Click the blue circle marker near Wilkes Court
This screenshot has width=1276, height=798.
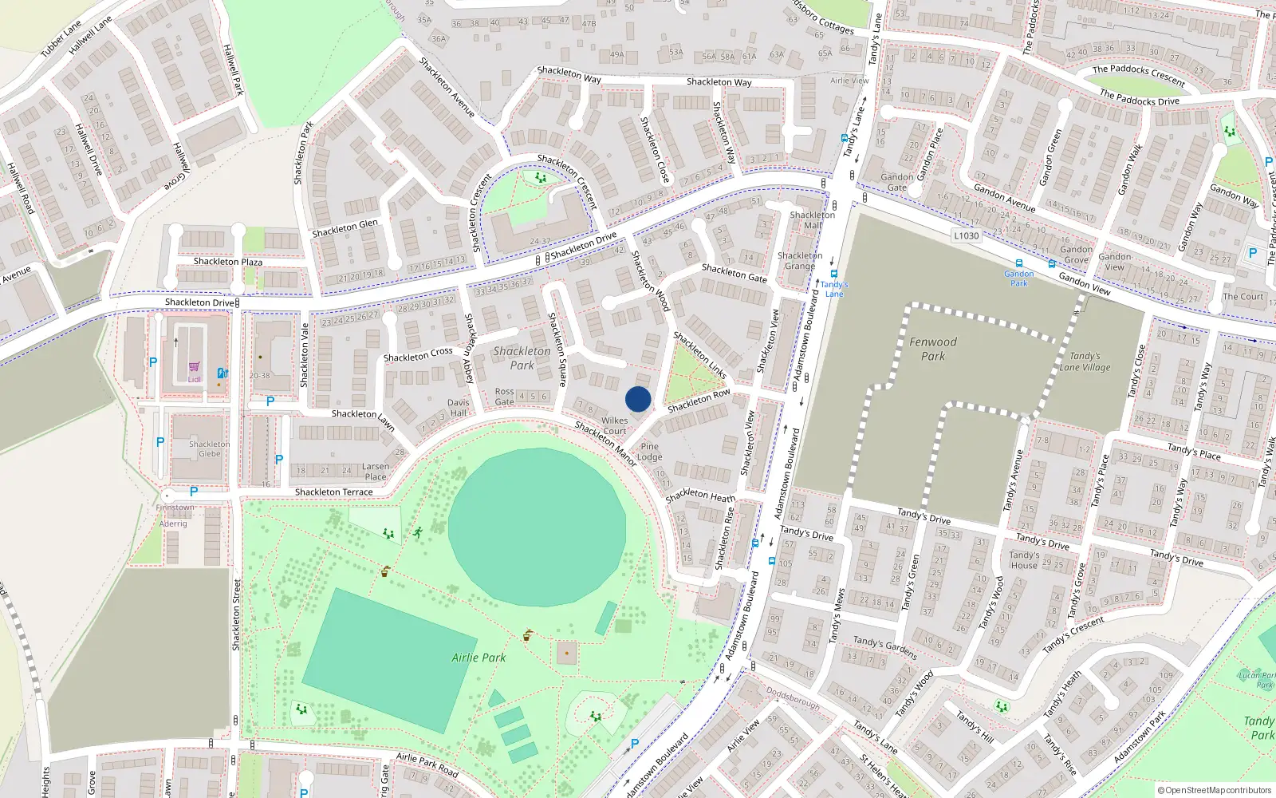638,399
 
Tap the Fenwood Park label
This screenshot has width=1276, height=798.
933,349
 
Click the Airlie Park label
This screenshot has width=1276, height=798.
478,658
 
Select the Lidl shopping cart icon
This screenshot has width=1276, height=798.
194,367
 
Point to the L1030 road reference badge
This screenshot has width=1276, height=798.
966,235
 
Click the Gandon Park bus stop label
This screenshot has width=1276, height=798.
1018,279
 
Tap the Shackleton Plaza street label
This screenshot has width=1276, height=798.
227,262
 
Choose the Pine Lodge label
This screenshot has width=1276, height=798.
650,452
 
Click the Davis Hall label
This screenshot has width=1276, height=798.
458,408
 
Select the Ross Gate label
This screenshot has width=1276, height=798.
504,397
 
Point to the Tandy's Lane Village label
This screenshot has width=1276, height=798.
1085,361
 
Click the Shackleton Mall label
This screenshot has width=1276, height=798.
812,219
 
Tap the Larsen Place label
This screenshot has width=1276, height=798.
375,472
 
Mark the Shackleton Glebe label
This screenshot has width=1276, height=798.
209,448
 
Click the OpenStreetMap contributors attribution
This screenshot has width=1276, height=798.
1214,790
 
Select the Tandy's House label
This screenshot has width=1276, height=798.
1024,559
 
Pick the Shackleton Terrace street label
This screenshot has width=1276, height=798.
333,492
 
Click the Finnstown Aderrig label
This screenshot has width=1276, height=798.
174,516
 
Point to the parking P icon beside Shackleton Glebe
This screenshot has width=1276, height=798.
160,441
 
